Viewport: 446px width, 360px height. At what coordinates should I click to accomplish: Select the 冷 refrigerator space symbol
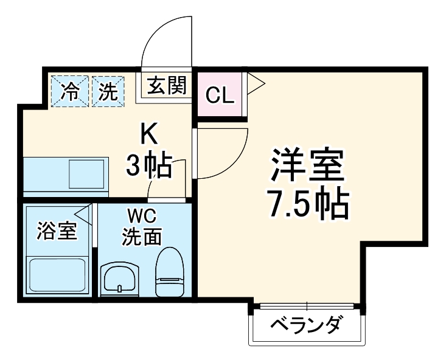pos(71,91)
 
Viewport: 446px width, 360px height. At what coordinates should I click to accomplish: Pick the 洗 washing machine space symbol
pos(108,91)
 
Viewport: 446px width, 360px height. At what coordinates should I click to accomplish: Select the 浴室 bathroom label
pos(56,232)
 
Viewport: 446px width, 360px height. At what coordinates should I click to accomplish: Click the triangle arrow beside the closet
pos(254,84)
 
